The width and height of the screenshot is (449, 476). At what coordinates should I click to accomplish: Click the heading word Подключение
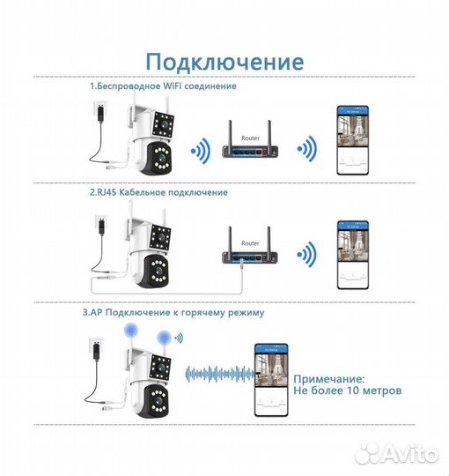[x=224, y=62]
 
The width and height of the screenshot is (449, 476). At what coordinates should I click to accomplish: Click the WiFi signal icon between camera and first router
[x=202, y=149]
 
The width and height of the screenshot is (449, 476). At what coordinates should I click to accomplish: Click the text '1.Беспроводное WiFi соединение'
[x=163, y=87]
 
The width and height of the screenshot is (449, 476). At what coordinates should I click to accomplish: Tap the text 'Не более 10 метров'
[x=347, y=390]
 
